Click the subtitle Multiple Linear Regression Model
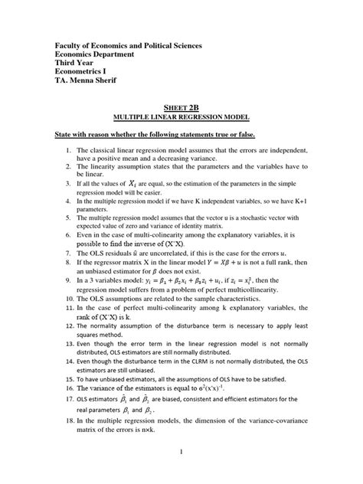pyautogui.click(x=181, y=118)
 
